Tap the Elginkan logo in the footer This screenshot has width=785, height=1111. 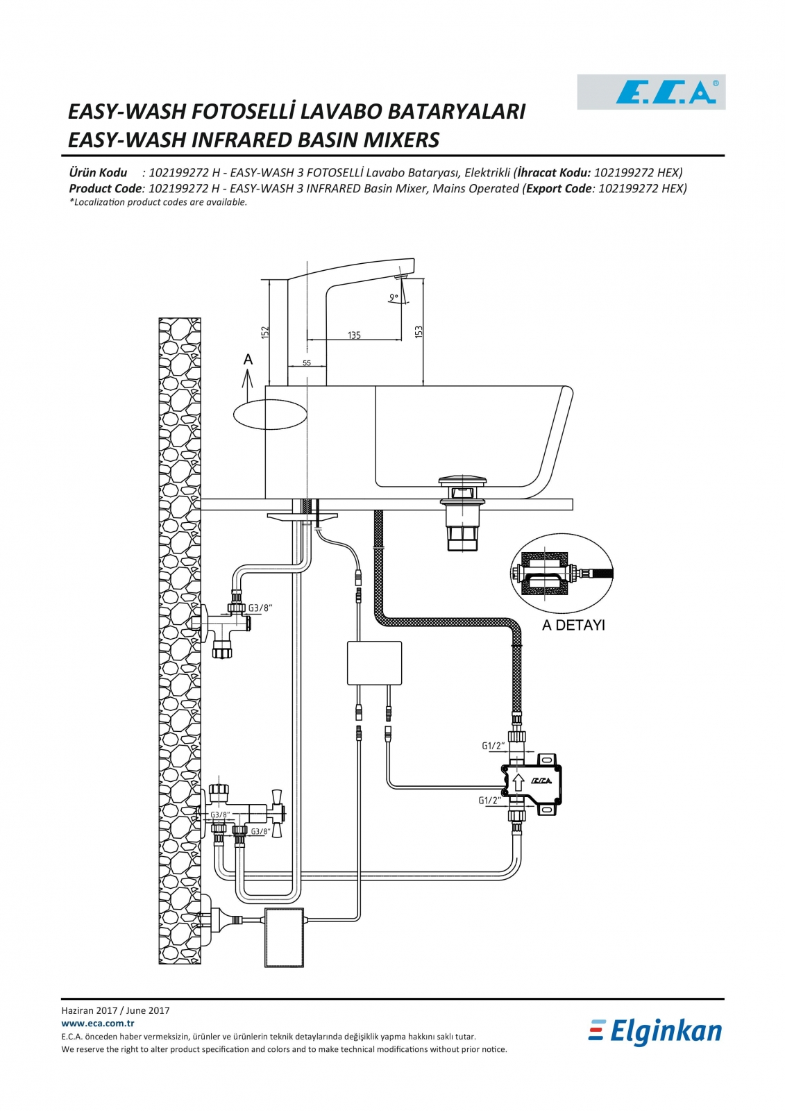[x=655, y=1032]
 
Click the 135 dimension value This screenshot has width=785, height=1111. [x=354, y=335]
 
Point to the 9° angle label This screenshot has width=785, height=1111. [x=394, y=297]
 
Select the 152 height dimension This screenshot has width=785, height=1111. [x=265, y=333]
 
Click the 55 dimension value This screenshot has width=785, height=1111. [x=307, y=363]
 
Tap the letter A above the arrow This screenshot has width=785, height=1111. [x=248, y=359]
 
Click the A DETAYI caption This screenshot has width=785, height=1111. [x=573, y=625]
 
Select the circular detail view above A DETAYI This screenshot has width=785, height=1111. [x=562, y=575]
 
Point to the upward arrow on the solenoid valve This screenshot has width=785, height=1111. [x=518, y=783]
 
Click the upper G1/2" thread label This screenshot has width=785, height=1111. [x=493, y=746]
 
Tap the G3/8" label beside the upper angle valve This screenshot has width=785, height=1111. [x=260, y=608]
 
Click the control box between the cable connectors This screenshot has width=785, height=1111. [x=374, y=663]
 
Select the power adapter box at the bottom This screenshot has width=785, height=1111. [x=284, y=937]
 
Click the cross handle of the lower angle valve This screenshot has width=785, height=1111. [x=277, y=813]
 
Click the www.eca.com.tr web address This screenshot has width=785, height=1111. [x=98, y=1023]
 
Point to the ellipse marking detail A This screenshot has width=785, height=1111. [x=270, y=415]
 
